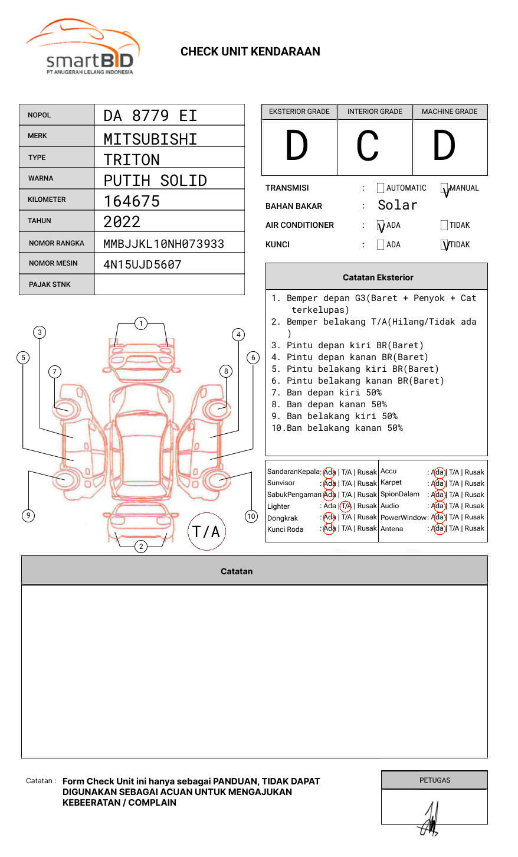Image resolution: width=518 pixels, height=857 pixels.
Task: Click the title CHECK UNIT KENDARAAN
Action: [250, 52]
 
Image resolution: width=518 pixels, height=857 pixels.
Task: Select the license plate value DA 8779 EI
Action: [150, 116]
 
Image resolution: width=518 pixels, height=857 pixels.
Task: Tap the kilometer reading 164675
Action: [132, 201]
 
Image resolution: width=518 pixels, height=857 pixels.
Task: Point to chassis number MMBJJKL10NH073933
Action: [163, 244]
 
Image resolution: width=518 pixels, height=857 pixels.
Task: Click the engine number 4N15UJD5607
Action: [142, 264]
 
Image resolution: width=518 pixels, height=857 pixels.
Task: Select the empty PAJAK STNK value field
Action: [169, 284]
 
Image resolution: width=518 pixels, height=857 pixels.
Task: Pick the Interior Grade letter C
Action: [368, 146]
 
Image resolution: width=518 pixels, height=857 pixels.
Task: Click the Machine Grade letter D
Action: [444, 146]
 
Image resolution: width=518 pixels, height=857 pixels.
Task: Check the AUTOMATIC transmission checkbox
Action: [381, 188]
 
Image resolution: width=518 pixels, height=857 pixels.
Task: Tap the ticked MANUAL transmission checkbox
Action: [444, 188]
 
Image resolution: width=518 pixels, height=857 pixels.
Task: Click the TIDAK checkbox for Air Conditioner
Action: [444, 225]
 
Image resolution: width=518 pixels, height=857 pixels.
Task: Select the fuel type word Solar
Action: [397, 205]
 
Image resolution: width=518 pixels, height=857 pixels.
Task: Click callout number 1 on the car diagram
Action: [141, 323]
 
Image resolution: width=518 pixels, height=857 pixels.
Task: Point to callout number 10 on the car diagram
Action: [251, 516]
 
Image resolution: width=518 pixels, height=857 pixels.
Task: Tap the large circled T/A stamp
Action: [206, 531]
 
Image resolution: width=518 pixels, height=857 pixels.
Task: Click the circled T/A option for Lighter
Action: [346, 506]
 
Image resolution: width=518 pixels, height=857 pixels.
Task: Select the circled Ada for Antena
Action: [438, 529]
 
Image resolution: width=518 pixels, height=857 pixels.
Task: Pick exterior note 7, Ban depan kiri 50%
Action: [326, 392]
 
